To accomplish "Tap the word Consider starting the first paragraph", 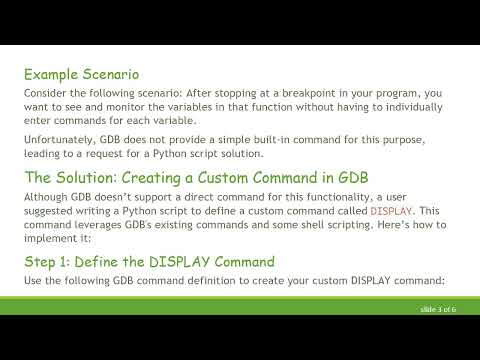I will (45, 93).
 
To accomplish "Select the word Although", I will (45, 197).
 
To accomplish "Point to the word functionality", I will (281, 197).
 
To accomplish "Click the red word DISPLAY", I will (389, 212).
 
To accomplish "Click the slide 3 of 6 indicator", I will (438, 310).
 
